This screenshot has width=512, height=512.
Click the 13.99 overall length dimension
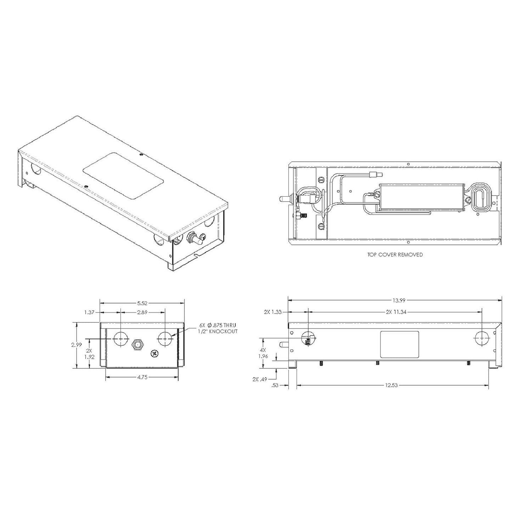[399, 300]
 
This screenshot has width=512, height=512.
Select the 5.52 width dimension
[142, 303]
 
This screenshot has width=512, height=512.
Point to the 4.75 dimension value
[142, 377]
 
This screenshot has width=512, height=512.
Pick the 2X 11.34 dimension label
[394, 312]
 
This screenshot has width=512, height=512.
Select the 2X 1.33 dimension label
[273, 312]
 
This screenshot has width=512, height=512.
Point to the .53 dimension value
[275, 386]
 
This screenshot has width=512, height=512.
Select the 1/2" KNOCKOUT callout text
[218, 331]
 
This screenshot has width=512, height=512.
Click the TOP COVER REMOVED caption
[395, 254]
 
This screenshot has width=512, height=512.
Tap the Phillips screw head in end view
[154, 353]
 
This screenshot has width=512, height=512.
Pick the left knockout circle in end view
[120, 339]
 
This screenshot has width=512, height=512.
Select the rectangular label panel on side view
[399, 344]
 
